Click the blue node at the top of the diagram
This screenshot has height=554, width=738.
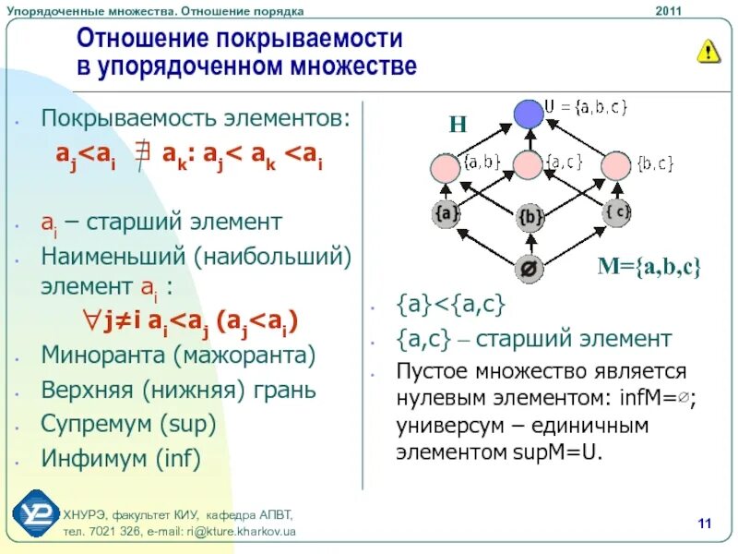point(528,114)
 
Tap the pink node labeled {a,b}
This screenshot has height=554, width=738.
point(445,168)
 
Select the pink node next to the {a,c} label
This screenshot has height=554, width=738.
point(528,165)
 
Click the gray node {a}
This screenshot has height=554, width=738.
point(446,214)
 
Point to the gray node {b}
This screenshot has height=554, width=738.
point(530,218)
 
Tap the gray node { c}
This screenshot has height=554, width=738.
point(616,212)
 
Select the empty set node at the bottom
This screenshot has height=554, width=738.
point(530,269)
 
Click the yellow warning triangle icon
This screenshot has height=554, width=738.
point(708,52)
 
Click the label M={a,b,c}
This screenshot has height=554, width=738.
point(649,268)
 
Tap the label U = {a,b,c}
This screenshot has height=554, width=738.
point(586,107)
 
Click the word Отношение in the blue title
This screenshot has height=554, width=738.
point(144,39)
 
